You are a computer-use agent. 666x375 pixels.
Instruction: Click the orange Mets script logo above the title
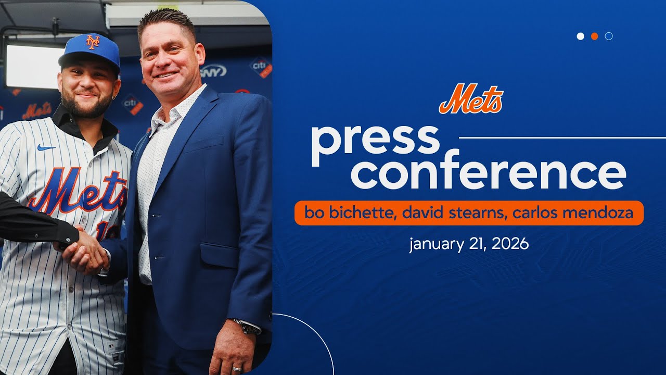point(471,99)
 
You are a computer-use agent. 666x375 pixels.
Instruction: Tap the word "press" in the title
point(375,141)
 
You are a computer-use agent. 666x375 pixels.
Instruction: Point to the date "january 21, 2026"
point(469,244)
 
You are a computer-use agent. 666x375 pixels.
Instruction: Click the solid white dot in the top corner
point(581,36)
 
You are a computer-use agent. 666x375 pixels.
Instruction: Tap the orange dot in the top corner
point(595,36)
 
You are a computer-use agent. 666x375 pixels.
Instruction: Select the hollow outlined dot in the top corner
point(609,36)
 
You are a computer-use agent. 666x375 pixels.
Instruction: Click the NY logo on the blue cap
point(93,42)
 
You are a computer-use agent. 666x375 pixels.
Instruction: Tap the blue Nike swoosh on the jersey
point(46,148)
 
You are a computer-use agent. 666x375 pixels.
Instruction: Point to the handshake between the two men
point(86,254)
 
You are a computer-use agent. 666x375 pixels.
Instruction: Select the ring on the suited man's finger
point(237,369)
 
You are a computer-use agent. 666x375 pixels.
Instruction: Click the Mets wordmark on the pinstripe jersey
point(78,190)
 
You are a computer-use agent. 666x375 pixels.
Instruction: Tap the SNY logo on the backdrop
point(214,71)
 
